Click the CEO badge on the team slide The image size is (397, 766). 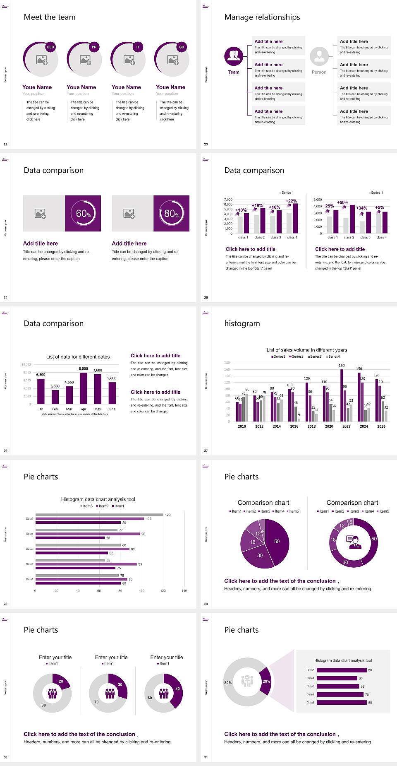tap(50, 47)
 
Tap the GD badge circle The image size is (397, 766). tap(182, 47)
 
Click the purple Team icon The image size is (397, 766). tap(234, 56)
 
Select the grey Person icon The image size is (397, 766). tap(319, 56)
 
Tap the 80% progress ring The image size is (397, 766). tap(172, 213)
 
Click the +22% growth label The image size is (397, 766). tap(291, 201)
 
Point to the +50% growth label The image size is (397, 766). tap(342, 202)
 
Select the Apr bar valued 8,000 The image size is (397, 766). tap(84, 388)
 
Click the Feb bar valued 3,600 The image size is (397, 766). tap(55, 397)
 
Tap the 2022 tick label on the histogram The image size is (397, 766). tap(347, 426)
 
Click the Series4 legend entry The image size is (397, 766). tap(333, 357)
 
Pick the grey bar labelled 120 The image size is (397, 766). tap(99, 515)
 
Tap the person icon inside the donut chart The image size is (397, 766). tap(354, 542)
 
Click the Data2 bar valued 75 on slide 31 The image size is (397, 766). tap(340, 694)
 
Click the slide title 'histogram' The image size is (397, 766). tap(242, 323)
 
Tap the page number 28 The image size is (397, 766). tap(5, 604)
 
